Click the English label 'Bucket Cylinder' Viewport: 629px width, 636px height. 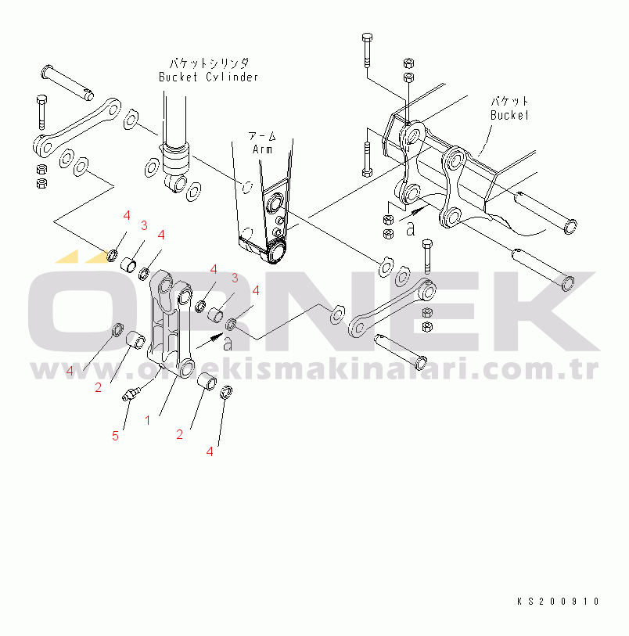pyautogui.click(x=208, y=77)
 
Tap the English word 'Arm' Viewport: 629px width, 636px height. pyautogui.click(x=263, y=149)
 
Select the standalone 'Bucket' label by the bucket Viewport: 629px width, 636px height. pyautogui.click(x=509, y=115)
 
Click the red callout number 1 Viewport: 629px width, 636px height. pyautogui.click(x=147, y=420)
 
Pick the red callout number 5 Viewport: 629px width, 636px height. pyautogui.click(x=115, y=436)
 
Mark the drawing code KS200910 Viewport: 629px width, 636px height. pyautogui.click(x=558, y=602)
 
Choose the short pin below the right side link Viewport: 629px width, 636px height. pyautogui.click(x=400, y=350)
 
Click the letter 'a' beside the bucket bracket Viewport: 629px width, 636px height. pyautogui.click(x=410, y=228)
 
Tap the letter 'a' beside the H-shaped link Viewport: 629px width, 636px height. pyautogui.click(x=227, y=343)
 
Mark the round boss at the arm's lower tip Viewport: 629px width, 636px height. pyautogui.click(x=275, y=253)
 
